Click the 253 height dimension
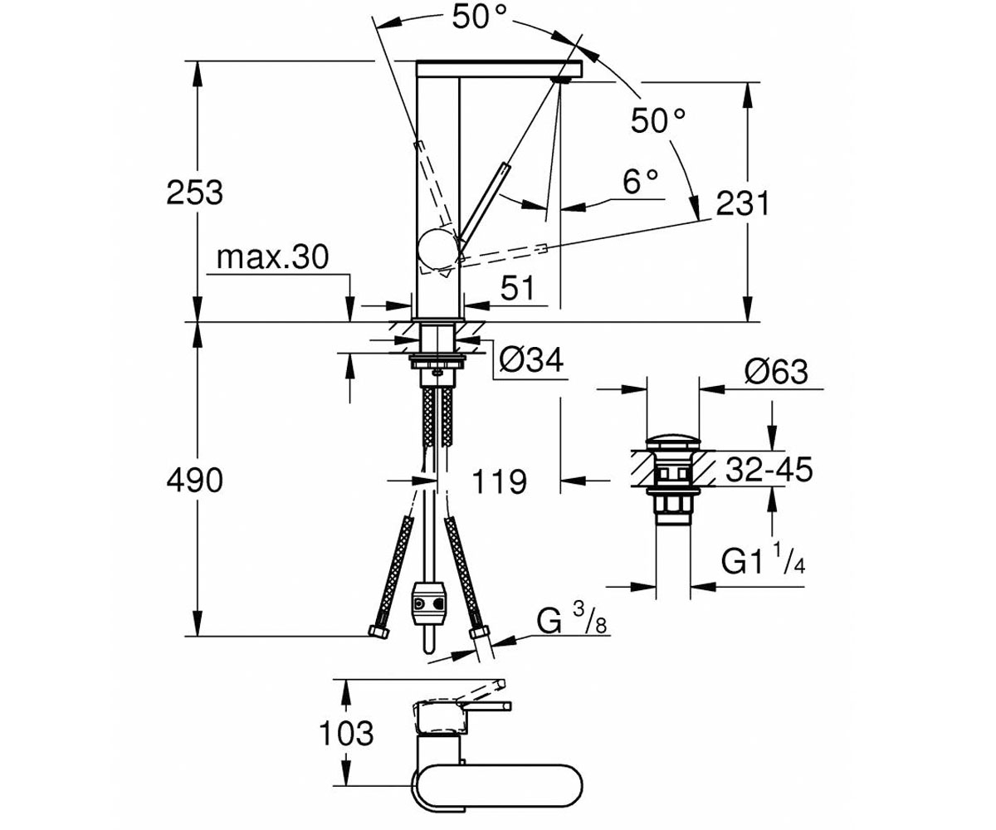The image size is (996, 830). click(194, 193)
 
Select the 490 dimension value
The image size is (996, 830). click(194, 480)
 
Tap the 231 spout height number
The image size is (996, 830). click(743, 203)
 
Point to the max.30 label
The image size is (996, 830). click(272, 256)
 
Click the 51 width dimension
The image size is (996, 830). click(518, 288)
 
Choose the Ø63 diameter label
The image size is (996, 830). click(776, 372)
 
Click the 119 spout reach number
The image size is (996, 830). click(500, 481)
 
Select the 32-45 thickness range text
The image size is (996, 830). click(769, 469)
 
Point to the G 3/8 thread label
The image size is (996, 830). click(572, 618)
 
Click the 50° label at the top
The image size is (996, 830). click(479, 17)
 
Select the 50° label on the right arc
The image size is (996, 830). click(658, 120)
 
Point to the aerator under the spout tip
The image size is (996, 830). click(563, 79)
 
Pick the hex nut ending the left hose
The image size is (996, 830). click(379, 632)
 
